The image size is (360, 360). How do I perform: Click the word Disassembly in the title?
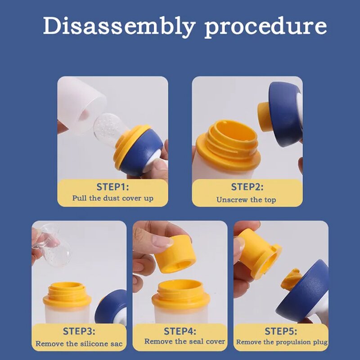pos(119,27)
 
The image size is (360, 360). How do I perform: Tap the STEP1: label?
pos(112,187)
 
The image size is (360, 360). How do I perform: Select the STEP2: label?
pos(247,187)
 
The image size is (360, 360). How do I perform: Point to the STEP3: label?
pos(79,331)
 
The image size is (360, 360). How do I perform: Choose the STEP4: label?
pos(180,331)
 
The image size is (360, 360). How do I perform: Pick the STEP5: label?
pos(281,331)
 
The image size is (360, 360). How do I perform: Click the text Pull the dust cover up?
pos(113,198)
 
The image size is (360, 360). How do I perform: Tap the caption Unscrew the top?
pos(246,200)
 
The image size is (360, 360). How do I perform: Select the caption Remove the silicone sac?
pos(79,344)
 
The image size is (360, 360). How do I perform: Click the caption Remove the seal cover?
pos(184,342)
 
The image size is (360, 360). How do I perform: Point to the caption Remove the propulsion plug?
pos(282,342)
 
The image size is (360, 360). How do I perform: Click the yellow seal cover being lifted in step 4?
pos(175,255)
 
